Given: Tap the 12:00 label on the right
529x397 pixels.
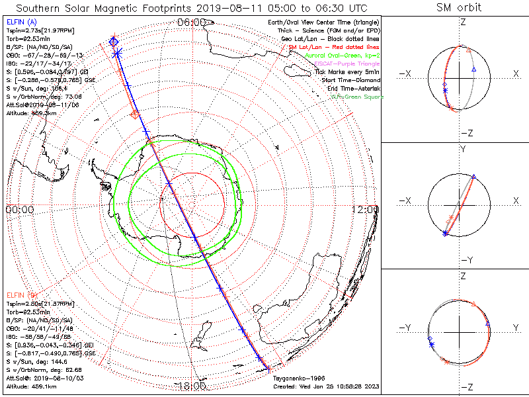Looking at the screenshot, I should [366, 209].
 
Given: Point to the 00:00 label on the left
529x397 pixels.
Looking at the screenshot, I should [20, 209].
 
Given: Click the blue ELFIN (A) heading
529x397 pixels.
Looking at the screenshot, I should [20, 22].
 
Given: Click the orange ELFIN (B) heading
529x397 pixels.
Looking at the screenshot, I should [20, 294].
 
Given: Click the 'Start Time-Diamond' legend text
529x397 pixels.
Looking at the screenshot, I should [350, 80].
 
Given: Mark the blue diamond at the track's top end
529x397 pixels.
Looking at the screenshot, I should [114, 42].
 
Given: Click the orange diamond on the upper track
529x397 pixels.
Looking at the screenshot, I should [136, 114].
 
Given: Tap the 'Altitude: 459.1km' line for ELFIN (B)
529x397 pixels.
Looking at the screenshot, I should [31, 385].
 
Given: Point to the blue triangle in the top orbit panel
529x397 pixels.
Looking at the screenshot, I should [473, 69].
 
